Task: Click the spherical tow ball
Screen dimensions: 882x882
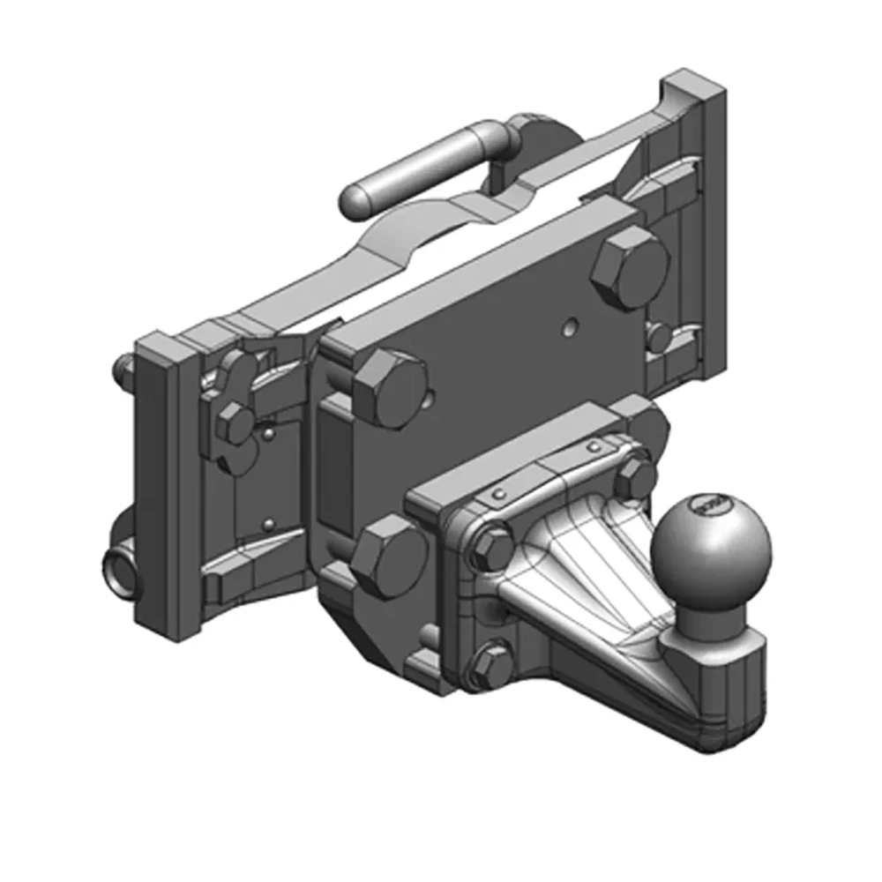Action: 710,540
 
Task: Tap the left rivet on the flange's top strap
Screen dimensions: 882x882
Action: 500,492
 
